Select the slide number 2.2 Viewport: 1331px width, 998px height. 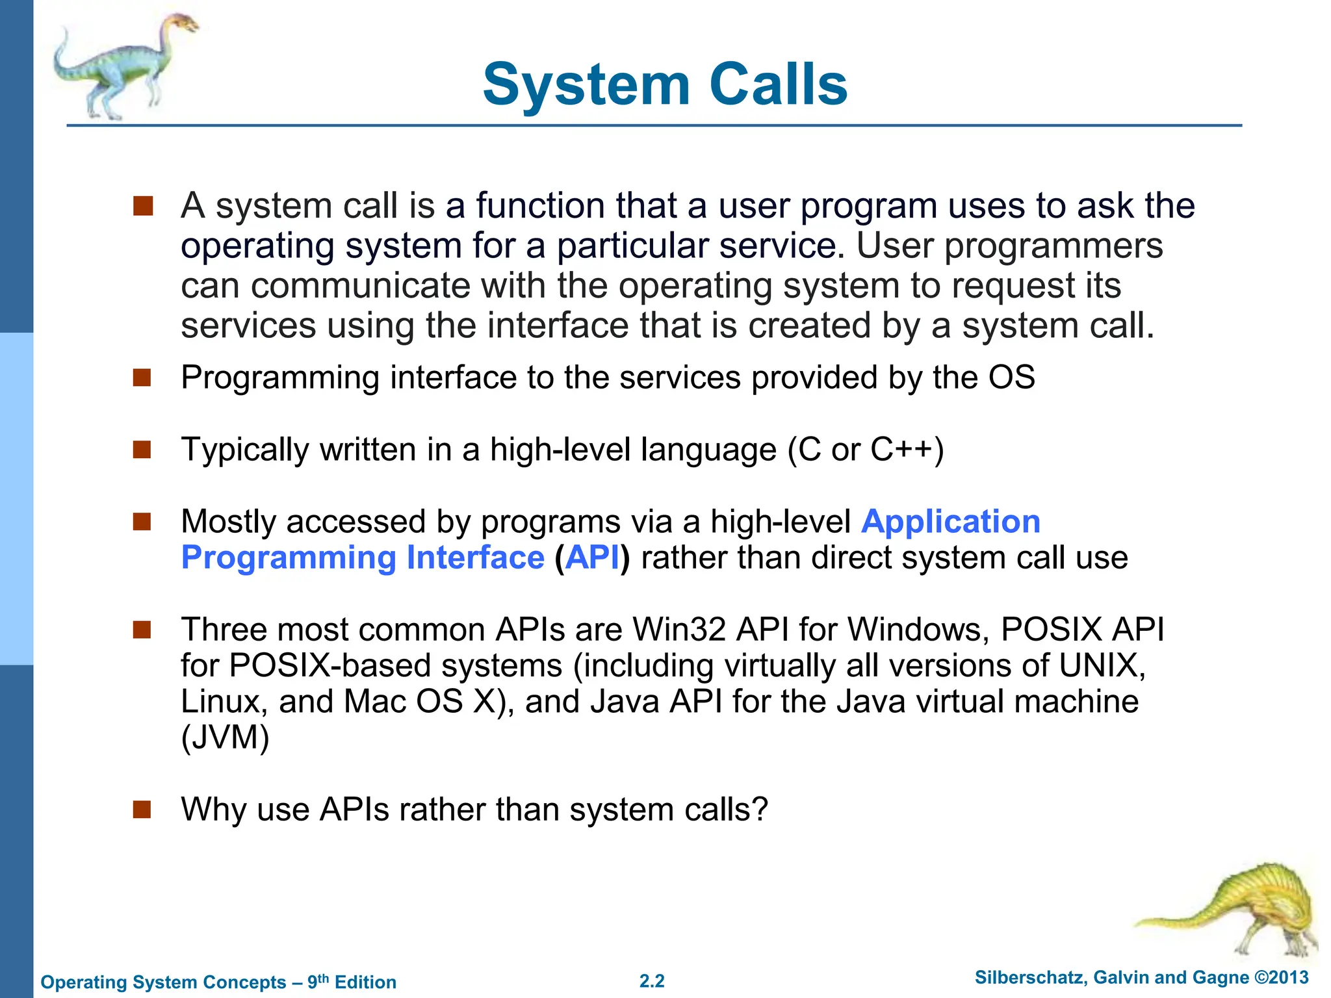click(652, 981)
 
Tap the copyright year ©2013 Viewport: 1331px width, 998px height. click(1281, 978)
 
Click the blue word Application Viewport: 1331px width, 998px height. click(950, 522)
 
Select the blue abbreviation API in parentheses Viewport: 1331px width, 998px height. click(592, 558)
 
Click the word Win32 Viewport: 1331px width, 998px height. click(679, 630)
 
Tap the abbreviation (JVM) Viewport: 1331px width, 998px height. click(225, 737)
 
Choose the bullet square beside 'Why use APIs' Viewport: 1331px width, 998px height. click(142, 810)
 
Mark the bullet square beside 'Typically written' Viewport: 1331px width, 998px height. click(142, 450)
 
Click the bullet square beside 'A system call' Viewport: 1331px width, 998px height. click(142, 206)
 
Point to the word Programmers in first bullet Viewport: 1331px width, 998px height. click(1053, 246)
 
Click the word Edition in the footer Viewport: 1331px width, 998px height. click(365, 982)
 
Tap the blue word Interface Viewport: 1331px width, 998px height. click(475, 558)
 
